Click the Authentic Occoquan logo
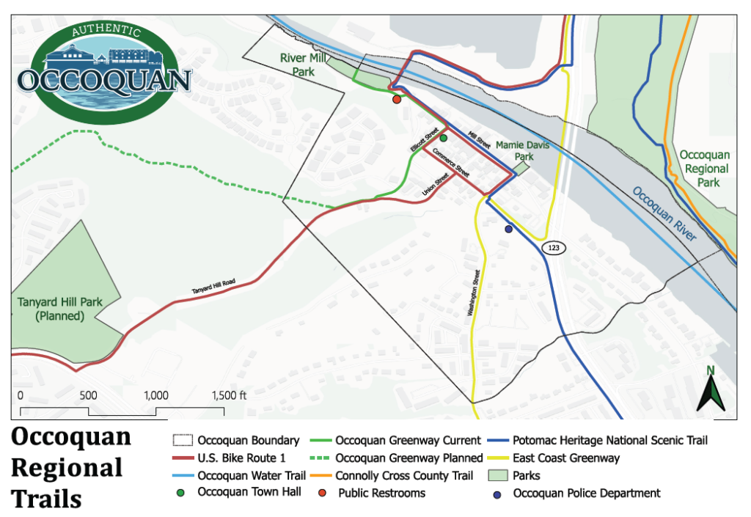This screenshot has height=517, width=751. coord(104,70)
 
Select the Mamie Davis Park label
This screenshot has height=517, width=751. coord(522,151)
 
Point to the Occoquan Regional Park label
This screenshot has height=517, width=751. coord(704,169)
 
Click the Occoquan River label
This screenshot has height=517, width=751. coord(664,214)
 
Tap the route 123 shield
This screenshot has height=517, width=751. coord(553,249)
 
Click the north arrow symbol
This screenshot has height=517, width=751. coord(710,389)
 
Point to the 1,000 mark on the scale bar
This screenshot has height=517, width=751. coord(156,395)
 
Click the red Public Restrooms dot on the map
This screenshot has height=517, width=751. coord(396,99)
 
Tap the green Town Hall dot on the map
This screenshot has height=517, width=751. coord(444,137)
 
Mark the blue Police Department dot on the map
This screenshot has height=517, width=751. coord(508,229)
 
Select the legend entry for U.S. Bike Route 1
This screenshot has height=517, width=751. coord(236,458)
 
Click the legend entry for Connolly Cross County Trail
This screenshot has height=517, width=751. coord(404,475)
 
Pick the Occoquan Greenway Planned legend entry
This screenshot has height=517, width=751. coord(409,458)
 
